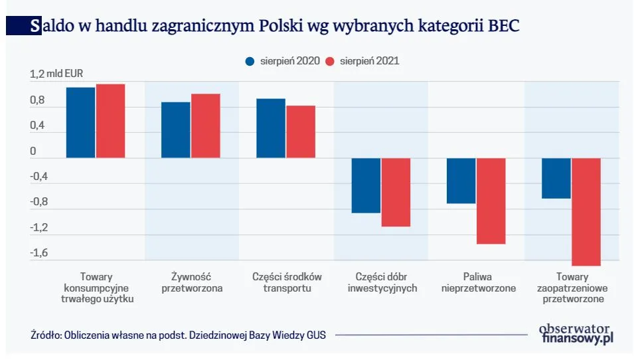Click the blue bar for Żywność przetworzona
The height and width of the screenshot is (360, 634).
coord(176,130)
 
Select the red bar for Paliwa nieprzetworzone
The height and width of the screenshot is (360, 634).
coord(491,201)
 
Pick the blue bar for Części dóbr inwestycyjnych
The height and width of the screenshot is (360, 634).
coord(366,185)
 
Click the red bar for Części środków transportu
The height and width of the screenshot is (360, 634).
coord(301,132)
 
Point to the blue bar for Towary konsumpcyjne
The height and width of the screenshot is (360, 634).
coord(80,122)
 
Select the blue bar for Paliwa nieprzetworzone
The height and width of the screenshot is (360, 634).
coord(461,181)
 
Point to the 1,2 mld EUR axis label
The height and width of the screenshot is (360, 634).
coord(56,74)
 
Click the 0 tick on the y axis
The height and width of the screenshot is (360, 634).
coord(33,151)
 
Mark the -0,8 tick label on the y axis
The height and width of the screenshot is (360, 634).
coord(40,202)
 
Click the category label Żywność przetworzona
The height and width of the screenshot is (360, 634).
coord(192,282)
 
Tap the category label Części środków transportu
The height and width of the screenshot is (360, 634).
coord(287,282)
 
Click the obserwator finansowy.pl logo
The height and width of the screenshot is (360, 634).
coord(576,333)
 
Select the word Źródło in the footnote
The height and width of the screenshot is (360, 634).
coord(46,335)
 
